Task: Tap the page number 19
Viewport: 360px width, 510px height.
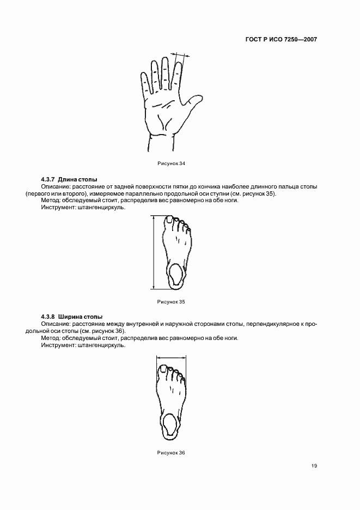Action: pos(314,466)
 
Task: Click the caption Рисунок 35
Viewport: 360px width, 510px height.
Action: pos(172,301)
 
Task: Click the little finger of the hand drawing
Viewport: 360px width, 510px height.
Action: pos(144,82)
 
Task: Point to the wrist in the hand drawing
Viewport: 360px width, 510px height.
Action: pos(161,141)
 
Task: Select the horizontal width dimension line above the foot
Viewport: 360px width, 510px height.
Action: pos(171,357)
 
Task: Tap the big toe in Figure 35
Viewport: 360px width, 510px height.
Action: pos(169,220)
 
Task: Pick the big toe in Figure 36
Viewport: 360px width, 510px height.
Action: pos(162,369)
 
